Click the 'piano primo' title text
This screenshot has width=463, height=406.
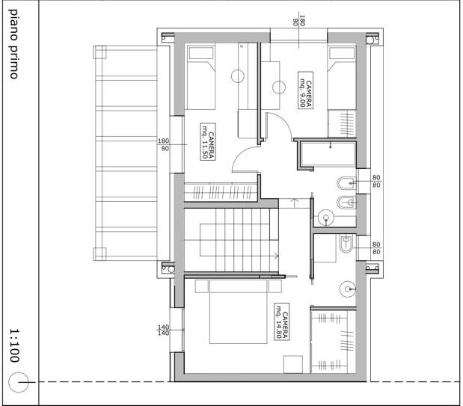pos(13,44)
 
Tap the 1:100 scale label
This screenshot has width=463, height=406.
pos(14,345)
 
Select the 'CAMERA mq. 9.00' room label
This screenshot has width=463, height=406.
pos(305,90)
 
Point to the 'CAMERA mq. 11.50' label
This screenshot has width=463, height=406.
pos(208,142)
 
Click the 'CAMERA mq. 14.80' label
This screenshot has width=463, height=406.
pos(281,322)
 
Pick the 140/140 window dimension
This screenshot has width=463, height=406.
pos(164,330)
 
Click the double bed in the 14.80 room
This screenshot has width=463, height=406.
pos(239,312)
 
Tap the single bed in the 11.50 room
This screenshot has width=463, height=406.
pos(201,77)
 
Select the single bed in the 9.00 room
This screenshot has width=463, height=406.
pos(342,77)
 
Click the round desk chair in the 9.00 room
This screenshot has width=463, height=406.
pos(279,87)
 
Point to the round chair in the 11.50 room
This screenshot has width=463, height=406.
pos(238,76)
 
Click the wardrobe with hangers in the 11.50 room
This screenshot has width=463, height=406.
pos(221,192)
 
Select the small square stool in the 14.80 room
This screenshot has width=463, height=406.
pos(293,364)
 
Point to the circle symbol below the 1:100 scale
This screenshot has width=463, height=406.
pos(19,382)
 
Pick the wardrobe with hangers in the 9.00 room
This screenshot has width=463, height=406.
pos(342,123)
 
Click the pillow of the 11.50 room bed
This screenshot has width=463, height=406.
pos(201,53)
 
